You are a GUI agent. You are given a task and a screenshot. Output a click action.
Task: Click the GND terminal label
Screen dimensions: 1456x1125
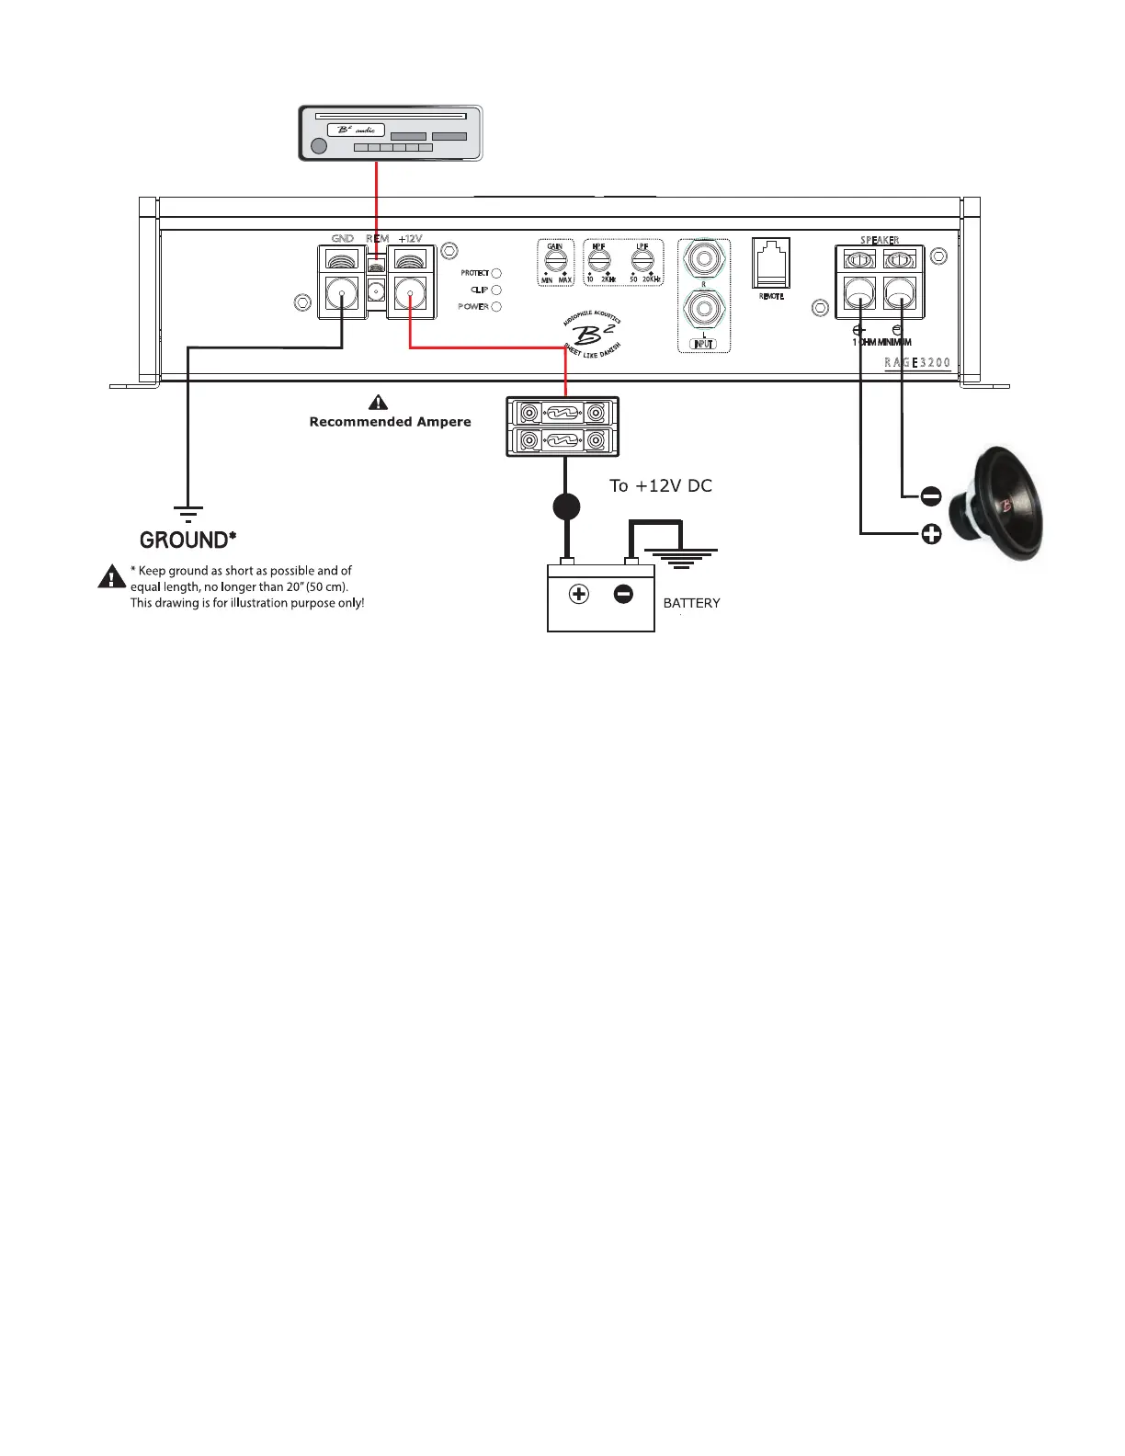[342, 239]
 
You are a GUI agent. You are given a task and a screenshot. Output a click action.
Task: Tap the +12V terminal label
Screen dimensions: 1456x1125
[410, 239]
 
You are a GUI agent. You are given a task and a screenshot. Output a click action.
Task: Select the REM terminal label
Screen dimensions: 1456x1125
[377, 239]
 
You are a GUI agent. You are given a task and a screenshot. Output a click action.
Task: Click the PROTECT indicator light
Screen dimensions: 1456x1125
[496, 273]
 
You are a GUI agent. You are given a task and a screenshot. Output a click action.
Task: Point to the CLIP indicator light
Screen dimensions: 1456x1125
[496, 290]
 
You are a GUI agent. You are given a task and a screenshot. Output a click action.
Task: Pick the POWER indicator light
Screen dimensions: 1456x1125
[496, 306]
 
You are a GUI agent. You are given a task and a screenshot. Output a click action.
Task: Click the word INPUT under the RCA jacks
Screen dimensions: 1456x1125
[703, 344]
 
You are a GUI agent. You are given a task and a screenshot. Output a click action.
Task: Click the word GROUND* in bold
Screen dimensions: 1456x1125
[187, 540]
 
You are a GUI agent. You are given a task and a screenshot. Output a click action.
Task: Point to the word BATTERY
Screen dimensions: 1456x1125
[691, 603]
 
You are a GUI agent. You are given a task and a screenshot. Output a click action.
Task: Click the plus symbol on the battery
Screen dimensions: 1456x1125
[578, 595]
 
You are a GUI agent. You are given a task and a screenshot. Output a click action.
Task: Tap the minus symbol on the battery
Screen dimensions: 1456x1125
[623, 595]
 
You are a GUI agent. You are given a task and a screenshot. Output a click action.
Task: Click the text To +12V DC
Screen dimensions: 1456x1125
[660, 485]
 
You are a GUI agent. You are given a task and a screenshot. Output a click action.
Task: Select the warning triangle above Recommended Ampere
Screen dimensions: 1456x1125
[378, 403]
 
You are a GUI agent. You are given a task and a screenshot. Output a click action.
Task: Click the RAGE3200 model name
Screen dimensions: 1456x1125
[916, 363]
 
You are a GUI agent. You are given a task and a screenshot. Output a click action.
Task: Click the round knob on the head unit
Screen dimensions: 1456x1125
[319, 146]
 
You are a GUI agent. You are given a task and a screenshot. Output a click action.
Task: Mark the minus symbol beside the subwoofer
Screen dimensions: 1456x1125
[930, 496]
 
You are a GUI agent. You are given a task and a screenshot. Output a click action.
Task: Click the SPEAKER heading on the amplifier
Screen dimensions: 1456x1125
[880, 241]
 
